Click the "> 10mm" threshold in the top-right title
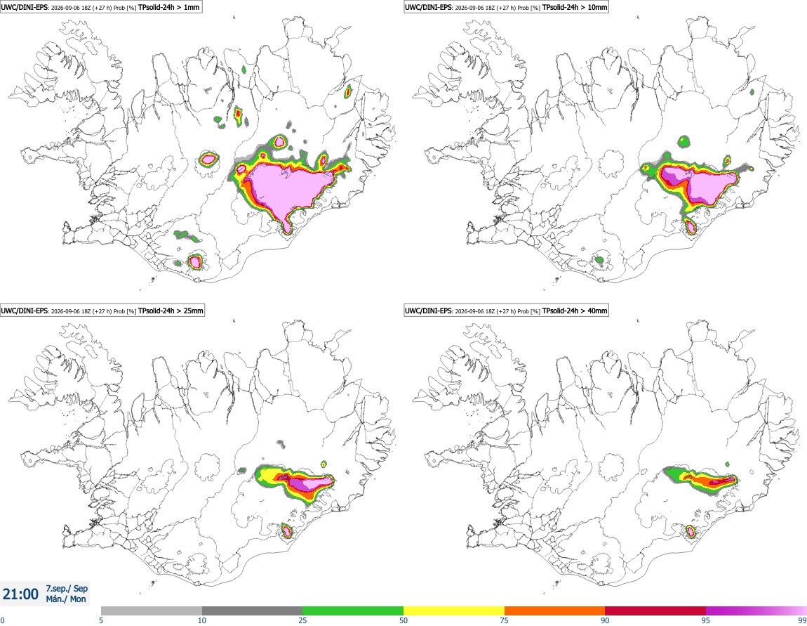click(x=594, y=8)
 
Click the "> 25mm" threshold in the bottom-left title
click(x=190, y=311)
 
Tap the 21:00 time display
click(x=20, y=594)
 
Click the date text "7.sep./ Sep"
click(x=67, y=588)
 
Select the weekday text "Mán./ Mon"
click(x=66, y=599)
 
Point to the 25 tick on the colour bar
click(x=302, y=620)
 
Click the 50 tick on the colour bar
click(x=403, y=620)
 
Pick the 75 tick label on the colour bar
click(x=505, y=620)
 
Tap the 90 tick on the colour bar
click(x=605, y=620)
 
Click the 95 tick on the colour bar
click(x=706, y=620)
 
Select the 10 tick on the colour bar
click(x=202, y=620)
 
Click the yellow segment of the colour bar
click(x=454, y=611)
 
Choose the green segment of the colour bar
click(x=353, y=611)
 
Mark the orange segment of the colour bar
click(x=555, y=611)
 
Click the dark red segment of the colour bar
click(x=655, y=611)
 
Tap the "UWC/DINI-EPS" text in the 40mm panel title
click(x=427, y=311)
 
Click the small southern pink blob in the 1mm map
click(x=194, y=262)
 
